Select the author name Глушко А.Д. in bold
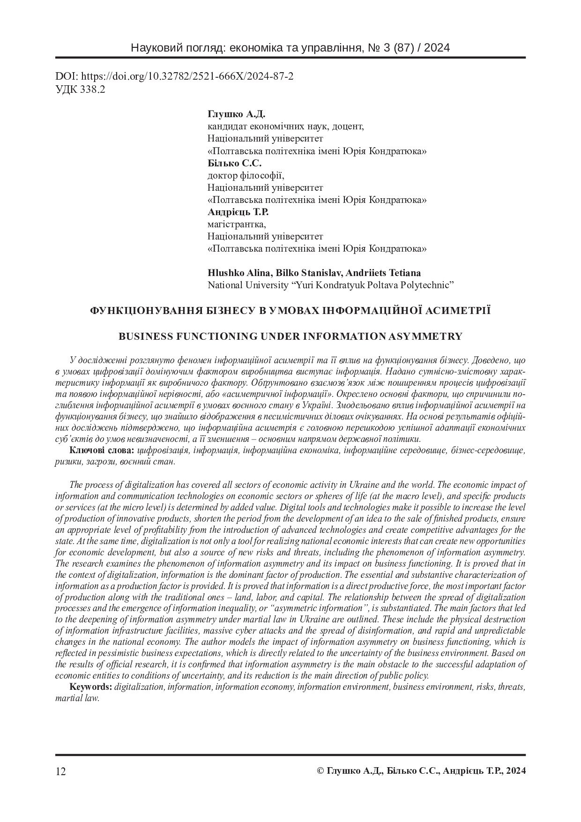tap(236, 114)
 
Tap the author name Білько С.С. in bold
tap(234, 163)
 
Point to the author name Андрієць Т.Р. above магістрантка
tap(238, 212)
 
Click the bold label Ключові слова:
tap(102, 450)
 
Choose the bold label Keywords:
tap(91, 687)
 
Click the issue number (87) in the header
tap(396, 48)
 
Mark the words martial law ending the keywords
tap(77, 698)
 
